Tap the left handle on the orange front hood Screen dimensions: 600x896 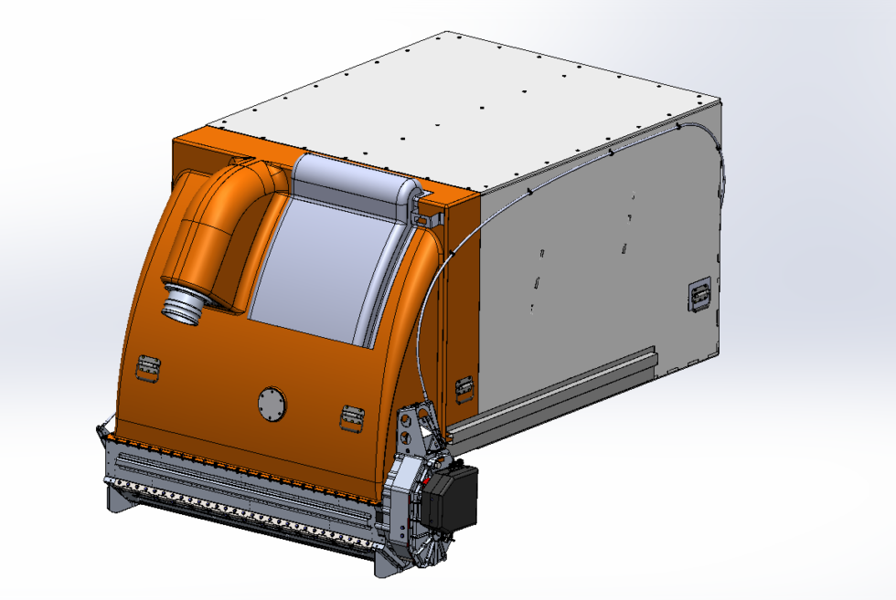click(x=148, y=364)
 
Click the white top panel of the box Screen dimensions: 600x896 click(x=457, y=100)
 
